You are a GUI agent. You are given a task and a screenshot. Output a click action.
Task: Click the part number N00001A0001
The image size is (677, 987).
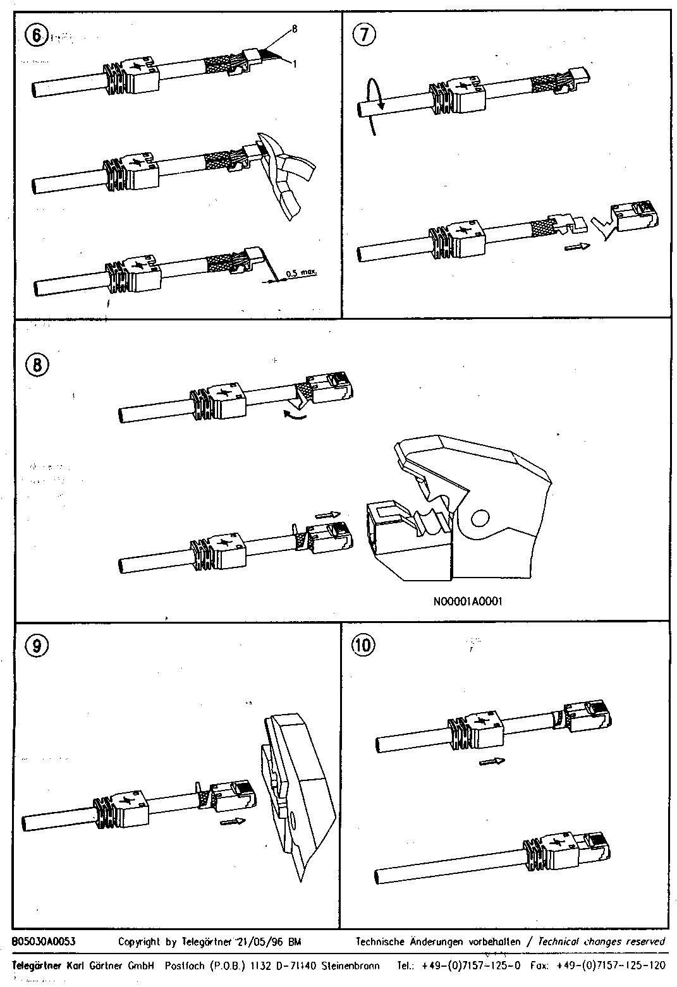468,601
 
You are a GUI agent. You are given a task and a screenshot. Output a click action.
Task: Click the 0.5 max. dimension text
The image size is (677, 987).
301,274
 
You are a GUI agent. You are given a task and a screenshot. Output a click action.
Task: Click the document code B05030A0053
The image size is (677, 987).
44,941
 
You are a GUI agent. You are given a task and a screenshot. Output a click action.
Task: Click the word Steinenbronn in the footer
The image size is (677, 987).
350,966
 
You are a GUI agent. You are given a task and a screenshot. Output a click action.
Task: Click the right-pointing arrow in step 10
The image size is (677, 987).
492,761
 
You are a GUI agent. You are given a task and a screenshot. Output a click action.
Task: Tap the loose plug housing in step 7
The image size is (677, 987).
635,215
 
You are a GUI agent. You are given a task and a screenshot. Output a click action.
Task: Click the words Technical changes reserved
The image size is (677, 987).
601,941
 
